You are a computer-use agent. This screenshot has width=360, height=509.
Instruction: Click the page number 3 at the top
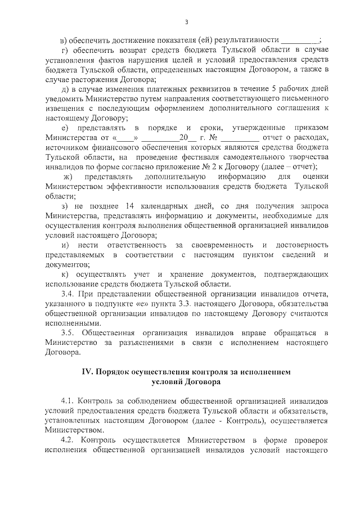point(186,22)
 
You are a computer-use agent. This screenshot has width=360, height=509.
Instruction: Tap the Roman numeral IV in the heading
point(87,372)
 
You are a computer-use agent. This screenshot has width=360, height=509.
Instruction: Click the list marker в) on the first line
point(64,40)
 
